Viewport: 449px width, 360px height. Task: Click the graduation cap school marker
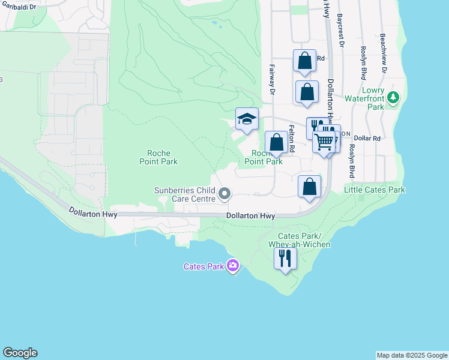click(247, 119)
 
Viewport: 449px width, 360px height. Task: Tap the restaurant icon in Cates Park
click(285, 258)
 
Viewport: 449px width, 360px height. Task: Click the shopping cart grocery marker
click(324, 142)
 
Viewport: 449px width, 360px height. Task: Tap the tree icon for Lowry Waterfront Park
click(393, 97)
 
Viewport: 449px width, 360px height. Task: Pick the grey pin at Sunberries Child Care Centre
click(224, 193)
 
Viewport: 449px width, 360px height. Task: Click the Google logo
click(20, 353)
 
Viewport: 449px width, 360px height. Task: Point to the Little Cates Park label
click(375, 190)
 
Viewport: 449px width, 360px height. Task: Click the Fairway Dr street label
click(272, 80)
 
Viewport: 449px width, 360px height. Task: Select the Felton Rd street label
click(292, 139)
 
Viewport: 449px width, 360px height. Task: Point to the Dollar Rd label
click(367, 138)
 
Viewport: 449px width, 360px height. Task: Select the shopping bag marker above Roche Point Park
click(276, 142)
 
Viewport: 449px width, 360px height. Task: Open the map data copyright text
click(412, 355)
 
